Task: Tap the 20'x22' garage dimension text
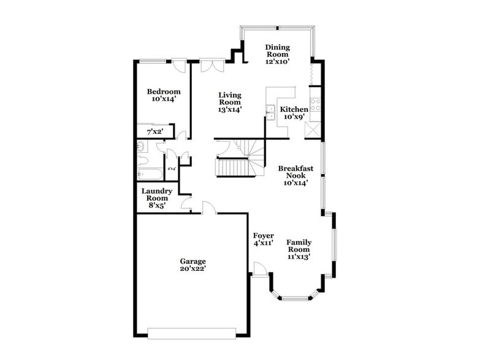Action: [193, 270]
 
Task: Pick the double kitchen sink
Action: [270, 111]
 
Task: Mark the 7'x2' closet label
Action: [154, 131]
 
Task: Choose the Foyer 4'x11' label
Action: [263, 239]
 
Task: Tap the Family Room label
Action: [299, 246]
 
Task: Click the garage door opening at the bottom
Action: [192, 333]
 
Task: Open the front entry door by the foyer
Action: [259, 268]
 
